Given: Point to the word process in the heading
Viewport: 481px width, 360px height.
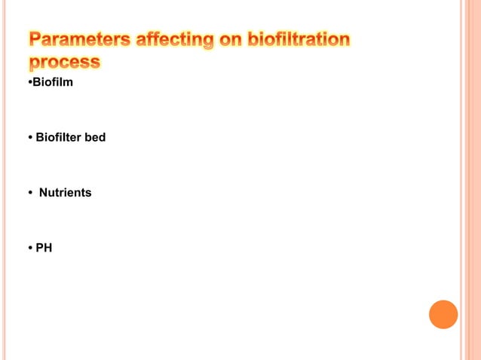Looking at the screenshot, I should coord(65,62).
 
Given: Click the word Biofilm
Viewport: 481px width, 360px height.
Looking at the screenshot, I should coord(52,82).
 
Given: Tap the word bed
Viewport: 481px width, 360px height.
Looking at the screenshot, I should coord(95,138).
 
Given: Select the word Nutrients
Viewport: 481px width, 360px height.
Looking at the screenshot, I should coord(65,193).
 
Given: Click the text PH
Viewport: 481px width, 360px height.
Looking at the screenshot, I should coord(44,248).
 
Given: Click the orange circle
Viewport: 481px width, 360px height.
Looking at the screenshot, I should coord(443,314).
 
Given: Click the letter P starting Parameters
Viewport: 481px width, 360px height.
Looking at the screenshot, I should coord(35,40).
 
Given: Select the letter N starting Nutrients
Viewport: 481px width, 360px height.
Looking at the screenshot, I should coord(43,193).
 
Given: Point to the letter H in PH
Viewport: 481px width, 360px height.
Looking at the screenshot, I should coord(48,248).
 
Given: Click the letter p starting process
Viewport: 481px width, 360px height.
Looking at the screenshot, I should coord(35,63).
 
